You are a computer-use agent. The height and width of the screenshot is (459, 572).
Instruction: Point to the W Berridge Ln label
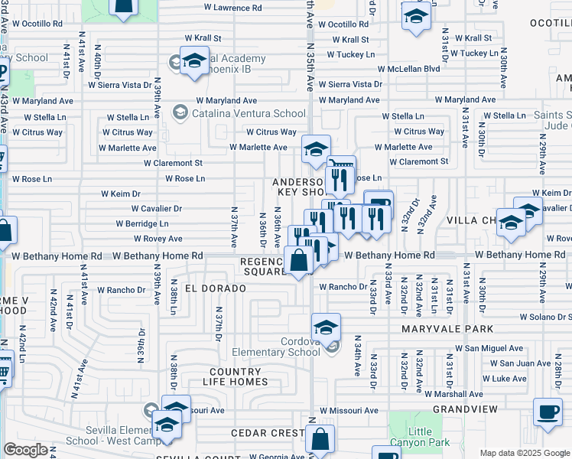click(141, 224)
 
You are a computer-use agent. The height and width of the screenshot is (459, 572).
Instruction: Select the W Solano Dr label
click(545, 317)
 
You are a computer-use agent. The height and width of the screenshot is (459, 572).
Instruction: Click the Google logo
click(25, 450)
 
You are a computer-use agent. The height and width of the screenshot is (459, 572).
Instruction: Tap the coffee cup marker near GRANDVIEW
click(547, 412)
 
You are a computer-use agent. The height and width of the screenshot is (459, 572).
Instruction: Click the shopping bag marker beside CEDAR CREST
click(321, 439)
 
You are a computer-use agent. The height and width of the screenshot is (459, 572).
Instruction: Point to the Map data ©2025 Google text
click(524, 453)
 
